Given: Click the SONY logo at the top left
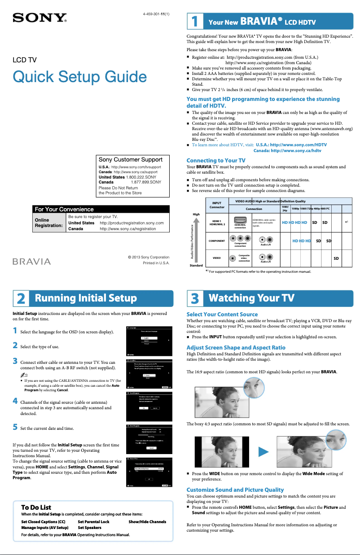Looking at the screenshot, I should [40, 18].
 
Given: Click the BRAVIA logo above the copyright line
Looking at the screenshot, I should [31, 262].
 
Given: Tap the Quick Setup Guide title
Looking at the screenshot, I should [76, 77].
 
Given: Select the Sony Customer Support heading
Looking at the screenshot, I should [131, 159].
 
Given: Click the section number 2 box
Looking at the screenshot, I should [21, 298].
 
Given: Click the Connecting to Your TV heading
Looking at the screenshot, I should [215, 160].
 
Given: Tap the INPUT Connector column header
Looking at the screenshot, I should [217, 205].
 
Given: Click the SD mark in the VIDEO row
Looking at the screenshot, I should [336, 258].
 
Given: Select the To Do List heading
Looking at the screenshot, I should [36, 507].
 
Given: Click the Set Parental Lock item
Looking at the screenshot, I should [93, 522].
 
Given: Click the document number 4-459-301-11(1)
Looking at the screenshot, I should [156, 13].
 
